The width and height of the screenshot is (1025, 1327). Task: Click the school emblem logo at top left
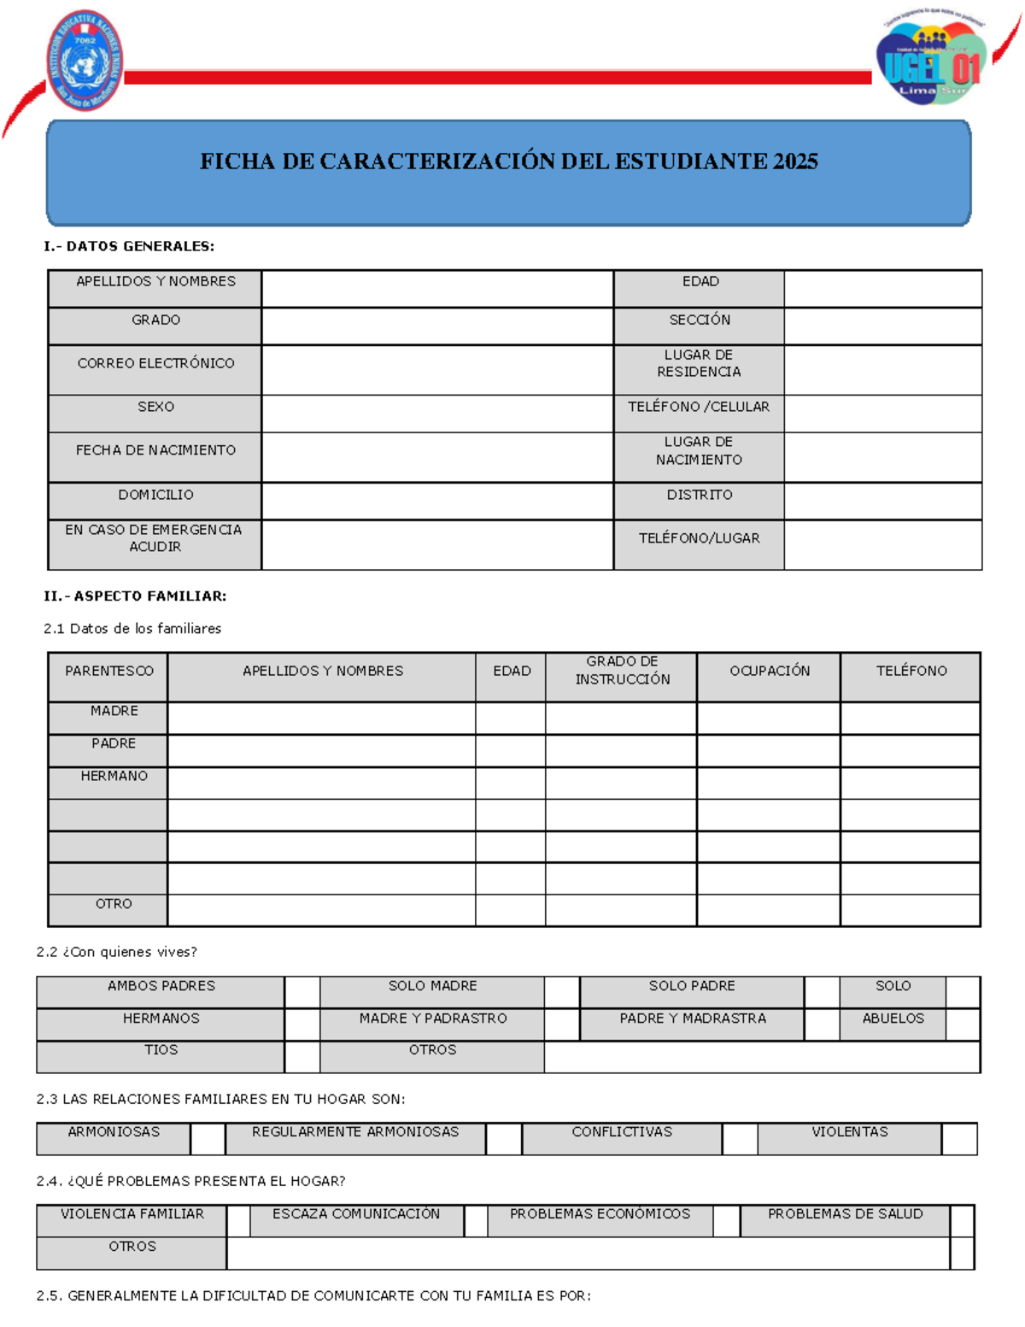coord(85,61)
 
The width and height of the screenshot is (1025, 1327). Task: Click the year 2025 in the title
coord(794,161)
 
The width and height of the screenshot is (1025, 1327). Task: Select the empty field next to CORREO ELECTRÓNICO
coord(437,369)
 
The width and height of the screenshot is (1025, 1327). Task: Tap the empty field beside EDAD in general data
coord(882,288)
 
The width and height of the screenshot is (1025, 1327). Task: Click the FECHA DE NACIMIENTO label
coord(155,450)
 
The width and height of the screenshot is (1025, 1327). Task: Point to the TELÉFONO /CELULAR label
coord(699,407)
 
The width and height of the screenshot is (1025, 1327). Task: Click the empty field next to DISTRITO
coord(882,501)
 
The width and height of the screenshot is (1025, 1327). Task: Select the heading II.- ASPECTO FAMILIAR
coord(135,596)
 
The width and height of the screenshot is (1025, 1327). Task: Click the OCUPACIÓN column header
coord(769,671)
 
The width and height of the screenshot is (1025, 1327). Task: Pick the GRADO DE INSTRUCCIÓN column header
coord(622,671)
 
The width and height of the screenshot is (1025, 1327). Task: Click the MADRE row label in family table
coord(114,711)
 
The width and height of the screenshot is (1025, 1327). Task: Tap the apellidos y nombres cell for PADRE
coord(321,750)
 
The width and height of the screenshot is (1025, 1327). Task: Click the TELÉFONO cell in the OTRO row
coord(910,910)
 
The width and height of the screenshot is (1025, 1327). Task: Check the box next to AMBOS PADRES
coord(302,992)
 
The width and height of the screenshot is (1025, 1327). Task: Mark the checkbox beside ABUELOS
coord(963,1024)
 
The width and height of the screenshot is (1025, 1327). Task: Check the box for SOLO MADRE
coord(561,992)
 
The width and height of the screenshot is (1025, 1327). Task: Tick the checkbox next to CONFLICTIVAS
coord(740,1139)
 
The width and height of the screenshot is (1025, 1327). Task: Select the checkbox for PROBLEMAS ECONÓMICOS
coord(726,1221)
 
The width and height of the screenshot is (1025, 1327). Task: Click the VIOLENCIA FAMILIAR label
coord(132,1214)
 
